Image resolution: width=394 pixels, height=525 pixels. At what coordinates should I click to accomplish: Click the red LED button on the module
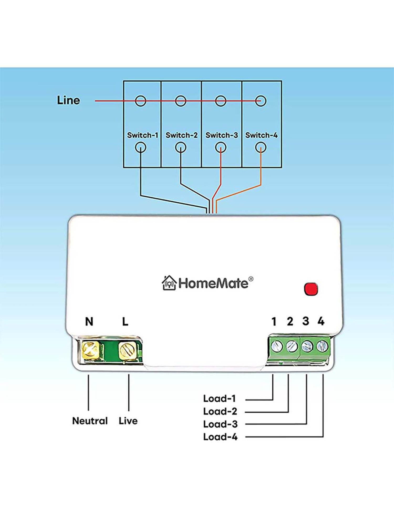pyautogui.click(x=311, y=289)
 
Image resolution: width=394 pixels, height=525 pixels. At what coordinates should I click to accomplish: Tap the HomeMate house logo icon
pyautogui.click(x=169, y=283)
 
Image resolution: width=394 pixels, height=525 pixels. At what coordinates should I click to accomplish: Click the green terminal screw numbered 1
pyautogui.click(x=276, y=346)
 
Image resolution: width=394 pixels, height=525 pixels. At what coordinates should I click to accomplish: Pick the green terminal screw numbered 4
pyautogui.click(x=322, y=346)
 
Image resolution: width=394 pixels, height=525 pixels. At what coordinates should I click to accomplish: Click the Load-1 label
pyautogui.click(x=219, y=399)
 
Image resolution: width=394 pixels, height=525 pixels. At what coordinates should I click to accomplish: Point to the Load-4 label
pyautogui.click(x=220, y=437)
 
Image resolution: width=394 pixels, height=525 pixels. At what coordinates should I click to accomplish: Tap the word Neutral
pyautogui.click(x=90, y=421)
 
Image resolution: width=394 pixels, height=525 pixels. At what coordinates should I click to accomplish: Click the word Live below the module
pyautogui.click(x=128, y=421)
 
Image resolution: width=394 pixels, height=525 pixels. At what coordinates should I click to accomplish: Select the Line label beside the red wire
pyautogui.click(x=68, y=100)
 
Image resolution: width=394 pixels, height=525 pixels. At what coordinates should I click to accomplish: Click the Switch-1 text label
pyautogui.click(x=142, y=135)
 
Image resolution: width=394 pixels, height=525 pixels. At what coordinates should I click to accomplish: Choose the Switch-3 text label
pyautogui.click(x=221, y=135)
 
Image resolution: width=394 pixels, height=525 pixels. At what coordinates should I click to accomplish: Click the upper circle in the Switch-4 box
pyautogui.click(x=261, y=101)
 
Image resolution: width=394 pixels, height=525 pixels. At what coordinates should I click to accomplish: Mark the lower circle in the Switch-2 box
pyautogui.click(x=180, y=148)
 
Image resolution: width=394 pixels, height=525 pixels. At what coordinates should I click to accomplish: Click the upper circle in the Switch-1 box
pyautogui.click(x=141, y=101)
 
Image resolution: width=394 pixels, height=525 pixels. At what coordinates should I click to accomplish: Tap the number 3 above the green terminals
pyautogui.click(x=305, y=321)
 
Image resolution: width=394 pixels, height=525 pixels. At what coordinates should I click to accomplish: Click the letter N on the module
pyautogui.click(x=89, y=321)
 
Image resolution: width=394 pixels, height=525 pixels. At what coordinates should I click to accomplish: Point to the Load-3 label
pyautogui.click(x=220, y=424)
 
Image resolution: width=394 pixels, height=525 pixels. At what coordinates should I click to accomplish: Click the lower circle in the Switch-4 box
pyautogui.click(x=261, y=148)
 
